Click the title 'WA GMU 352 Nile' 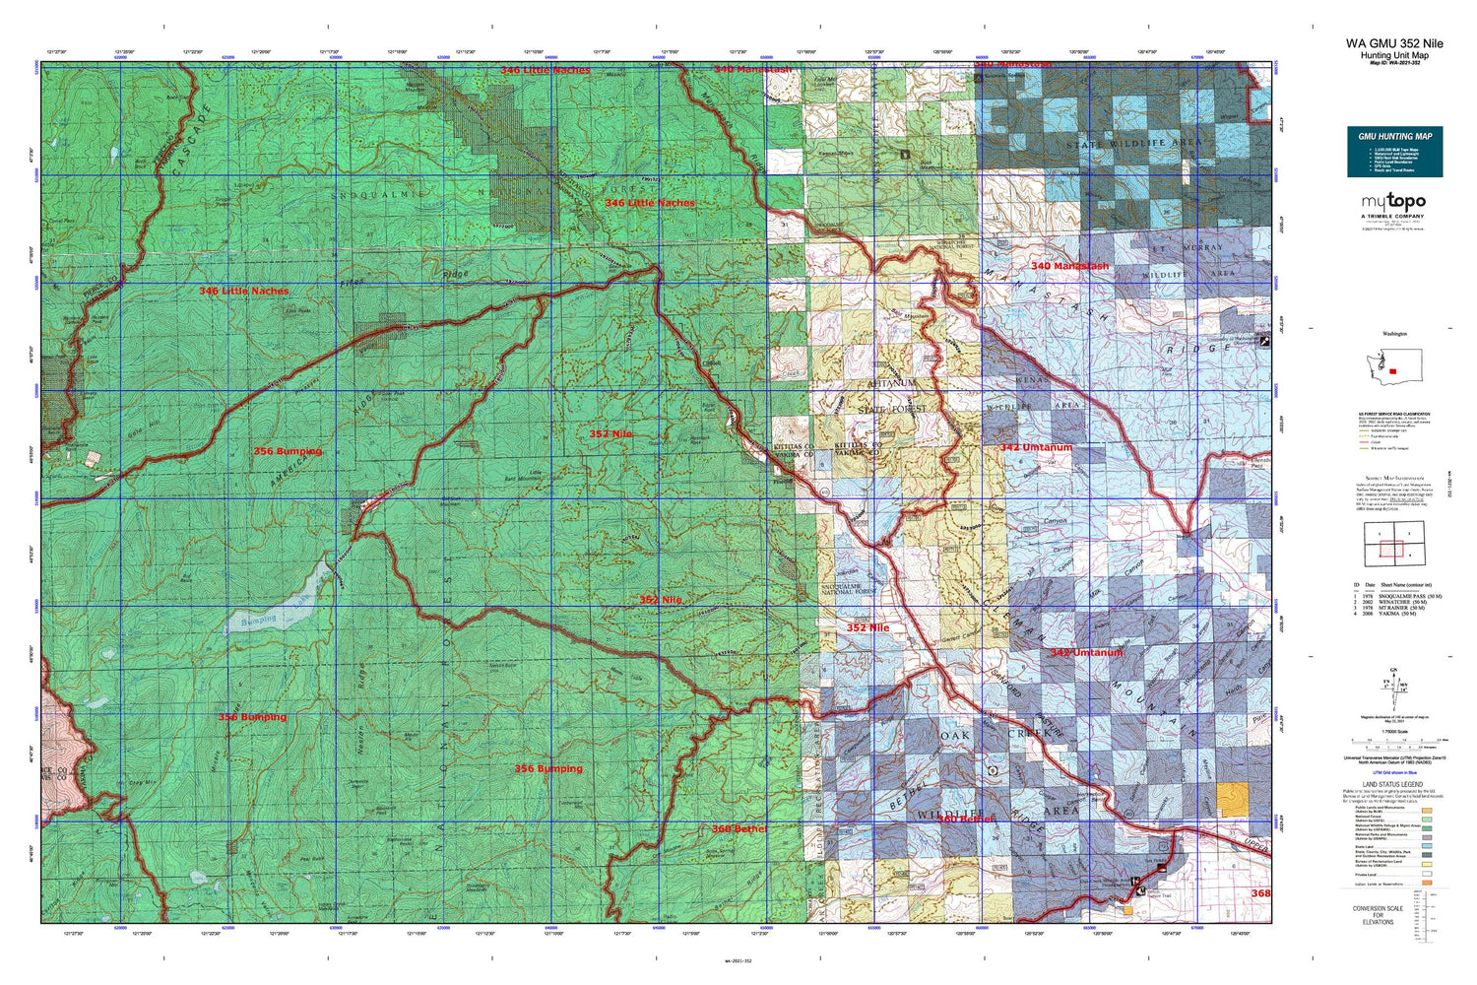pos(1394,43)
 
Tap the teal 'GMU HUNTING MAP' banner pos(1394,136)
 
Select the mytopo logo pos(1393,202)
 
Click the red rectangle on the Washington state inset pos(1392,371)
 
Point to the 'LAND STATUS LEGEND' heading pos(1393,785)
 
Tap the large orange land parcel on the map pos(1231,797)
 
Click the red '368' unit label pos(1260,893)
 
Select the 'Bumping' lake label pos(258,621)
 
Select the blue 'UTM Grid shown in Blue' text pos(1393,773)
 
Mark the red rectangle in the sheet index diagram pos(1390,549)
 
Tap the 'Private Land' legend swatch pos(1427,874)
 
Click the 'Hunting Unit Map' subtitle pos(1394,55)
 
